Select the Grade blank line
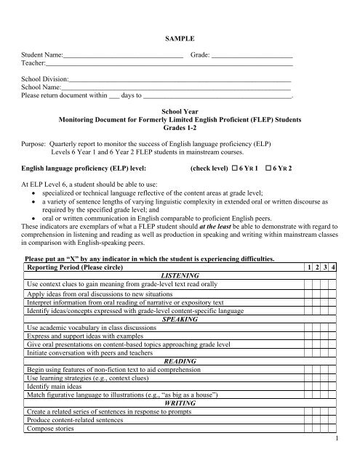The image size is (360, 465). click(x=252, y=55)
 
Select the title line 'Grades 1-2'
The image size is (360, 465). click(x=180, y=126)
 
